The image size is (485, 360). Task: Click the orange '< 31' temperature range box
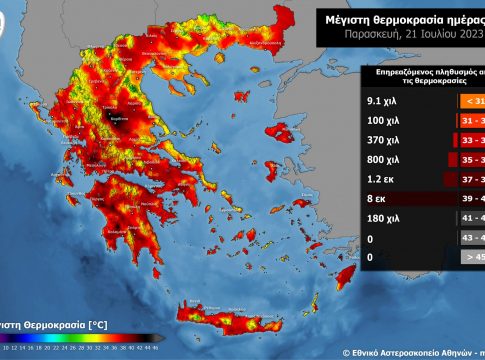(472, 99)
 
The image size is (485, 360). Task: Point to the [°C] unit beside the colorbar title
(95, 325)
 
